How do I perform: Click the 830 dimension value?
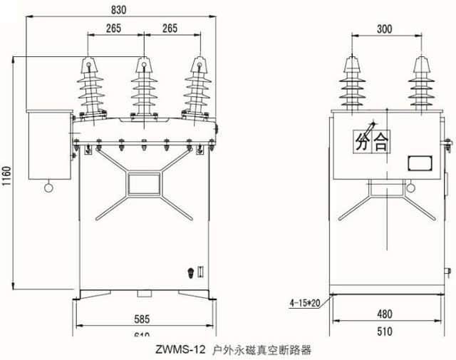(120, 9)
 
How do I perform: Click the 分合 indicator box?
(370, 143)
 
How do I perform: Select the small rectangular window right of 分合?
(419, 163)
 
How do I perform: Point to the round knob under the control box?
(48, 187)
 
